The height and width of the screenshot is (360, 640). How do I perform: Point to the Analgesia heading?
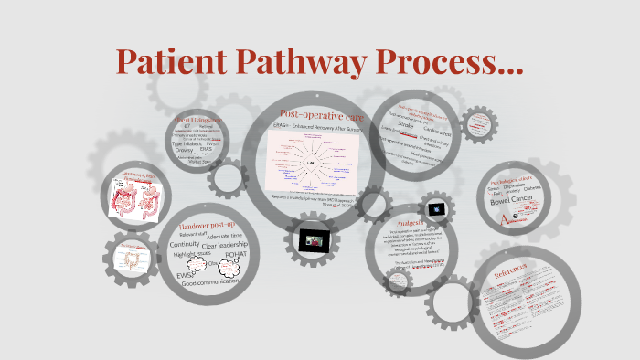(x=403, y=222)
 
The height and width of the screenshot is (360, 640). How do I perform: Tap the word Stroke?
(x=406, y=126)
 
